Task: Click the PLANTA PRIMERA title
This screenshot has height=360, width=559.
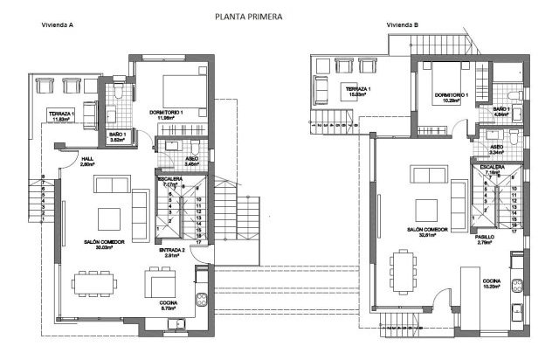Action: [x=253, y=16]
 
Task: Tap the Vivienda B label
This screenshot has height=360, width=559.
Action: [x=404, y=25]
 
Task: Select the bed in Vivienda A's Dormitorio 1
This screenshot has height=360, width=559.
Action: [x=181, y=89]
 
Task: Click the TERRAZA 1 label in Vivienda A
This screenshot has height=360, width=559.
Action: [x=60, y=114]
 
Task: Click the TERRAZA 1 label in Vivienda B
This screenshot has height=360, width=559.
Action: [x=358, y=89]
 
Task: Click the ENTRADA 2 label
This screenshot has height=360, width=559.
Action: [x=171, y=250]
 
